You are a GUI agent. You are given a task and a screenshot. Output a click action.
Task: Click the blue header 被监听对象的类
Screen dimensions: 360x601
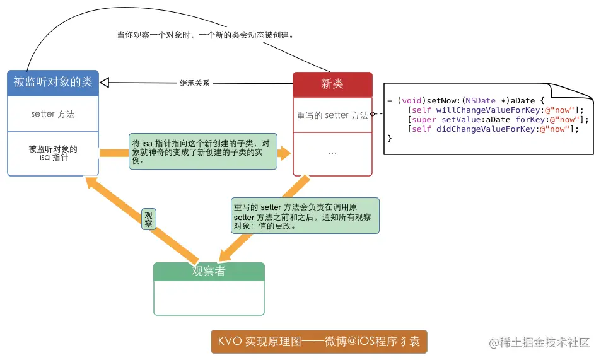(53, 82)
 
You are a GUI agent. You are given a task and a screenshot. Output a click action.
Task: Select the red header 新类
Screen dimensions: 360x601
(332, 84)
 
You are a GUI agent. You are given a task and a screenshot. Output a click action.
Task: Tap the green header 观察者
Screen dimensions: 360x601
(209, 271)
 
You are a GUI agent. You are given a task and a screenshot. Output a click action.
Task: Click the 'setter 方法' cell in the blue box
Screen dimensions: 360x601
(53, 114)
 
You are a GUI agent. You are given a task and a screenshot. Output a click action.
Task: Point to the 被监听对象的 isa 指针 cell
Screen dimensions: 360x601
(53, 153)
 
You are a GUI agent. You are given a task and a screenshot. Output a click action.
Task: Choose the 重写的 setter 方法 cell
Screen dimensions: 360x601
(332, 115)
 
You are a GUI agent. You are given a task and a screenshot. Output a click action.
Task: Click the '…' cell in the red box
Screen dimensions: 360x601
(332, 153)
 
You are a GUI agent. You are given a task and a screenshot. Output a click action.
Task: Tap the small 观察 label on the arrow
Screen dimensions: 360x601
(149, 219)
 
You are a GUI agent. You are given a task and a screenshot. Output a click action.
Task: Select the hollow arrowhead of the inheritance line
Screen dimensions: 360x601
(105, 81)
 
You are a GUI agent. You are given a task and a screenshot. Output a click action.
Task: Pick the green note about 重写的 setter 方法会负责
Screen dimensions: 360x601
(305, 216)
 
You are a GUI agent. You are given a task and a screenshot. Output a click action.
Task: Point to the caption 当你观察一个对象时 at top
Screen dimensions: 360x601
(205, 35)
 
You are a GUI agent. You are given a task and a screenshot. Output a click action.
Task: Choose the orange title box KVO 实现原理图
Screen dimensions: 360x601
(319, 342)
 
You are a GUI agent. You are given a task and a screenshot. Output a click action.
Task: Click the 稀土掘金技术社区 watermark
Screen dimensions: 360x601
(539, 342)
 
